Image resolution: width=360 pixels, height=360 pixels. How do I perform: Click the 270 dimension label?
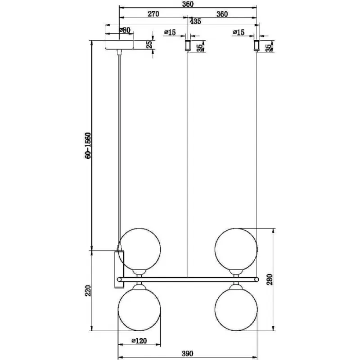click(x=153, y=14)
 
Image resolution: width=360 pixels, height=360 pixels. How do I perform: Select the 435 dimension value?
click(x=195, y=21)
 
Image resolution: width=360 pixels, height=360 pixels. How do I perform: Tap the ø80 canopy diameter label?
click(x=125, y=30)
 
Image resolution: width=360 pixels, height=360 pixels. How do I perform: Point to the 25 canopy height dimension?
click(x=149, y=44)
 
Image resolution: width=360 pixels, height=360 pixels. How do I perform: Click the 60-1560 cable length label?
click(x=88, y=145)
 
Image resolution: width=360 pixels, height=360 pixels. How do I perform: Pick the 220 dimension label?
click(x=88, y=290)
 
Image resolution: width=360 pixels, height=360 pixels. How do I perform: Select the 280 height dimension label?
click(x=270, y=279)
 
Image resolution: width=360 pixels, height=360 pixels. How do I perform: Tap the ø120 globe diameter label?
click(x=139, y=341)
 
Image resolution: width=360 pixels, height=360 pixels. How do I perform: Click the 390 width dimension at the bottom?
click(x=188, y=354)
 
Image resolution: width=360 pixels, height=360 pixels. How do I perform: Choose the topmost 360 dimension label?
click(x=188, y=4)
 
